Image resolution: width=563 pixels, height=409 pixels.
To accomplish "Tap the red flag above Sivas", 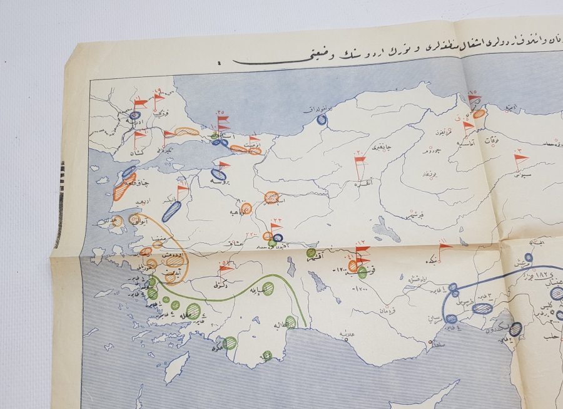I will tap(520, 159).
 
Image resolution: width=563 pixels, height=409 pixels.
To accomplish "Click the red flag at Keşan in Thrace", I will tap(139, 135).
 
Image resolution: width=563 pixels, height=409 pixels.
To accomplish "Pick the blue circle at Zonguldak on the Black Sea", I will tap(322, 120).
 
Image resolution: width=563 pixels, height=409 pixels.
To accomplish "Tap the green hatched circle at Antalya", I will tap(290, 322).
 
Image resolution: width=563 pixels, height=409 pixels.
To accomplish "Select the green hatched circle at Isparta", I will tap(268, 289).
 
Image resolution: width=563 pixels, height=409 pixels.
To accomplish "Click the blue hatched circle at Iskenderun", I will tap(515, 329).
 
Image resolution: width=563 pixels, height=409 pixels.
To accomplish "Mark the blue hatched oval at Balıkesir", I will tap(171, 211).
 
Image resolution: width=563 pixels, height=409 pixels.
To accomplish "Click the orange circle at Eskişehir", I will tap(271, 197).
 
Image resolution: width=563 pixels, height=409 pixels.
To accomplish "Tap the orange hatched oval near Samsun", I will tap(479, 114).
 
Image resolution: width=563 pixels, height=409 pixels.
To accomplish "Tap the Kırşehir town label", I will tap(413, 214).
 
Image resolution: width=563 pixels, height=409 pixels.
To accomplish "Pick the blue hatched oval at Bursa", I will tap(219, 175).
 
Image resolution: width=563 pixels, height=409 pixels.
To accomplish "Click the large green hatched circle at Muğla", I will tap(193, 311).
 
